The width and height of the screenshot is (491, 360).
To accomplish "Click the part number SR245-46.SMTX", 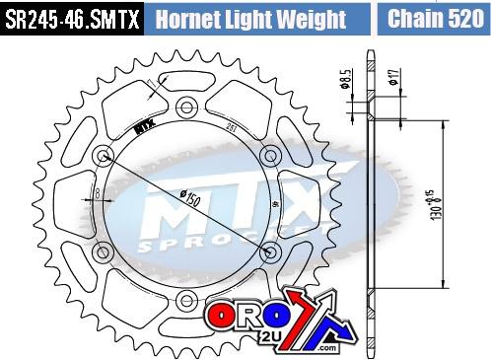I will (x=71, y=18).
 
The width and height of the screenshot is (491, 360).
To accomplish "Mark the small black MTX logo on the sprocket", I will (x=143, y=124).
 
